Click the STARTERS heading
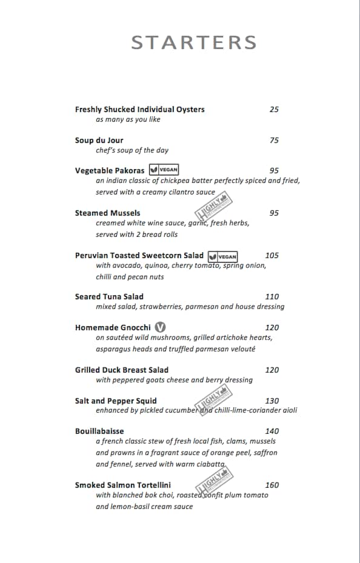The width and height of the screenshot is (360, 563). pos(194,42)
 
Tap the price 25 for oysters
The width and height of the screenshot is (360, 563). pos(274,110)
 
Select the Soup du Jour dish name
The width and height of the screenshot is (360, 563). pos(99,140)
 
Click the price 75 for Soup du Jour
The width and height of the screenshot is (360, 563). pos(274,140)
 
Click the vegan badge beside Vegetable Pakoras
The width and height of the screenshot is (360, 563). pos(164,170)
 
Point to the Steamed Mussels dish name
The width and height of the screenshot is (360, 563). pos(107,213)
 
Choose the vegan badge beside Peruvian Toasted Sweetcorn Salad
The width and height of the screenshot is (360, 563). pos(222,256)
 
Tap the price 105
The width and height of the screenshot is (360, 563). pos(272,255)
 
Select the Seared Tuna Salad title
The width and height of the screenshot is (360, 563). pos(109,296)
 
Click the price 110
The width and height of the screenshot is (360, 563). pos(272,296)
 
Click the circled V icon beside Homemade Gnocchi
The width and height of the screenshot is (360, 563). pos(160,327)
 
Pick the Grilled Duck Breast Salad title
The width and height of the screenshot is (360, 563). pos(122,370)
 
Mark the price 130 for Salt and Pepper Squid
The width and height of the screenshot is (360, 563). pos(272,401)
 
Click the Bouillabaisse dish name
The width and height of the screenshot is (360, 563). pos(99,431)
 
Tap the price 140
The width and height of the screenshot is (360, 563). pos(272,431)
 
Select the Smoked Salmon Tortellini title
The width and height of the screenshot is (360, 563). pos(123,485)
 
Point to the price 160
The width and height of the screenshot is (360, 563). pos(272,485)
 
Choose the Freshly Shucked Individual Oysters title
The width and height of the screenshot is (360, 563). pos(139,110)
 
